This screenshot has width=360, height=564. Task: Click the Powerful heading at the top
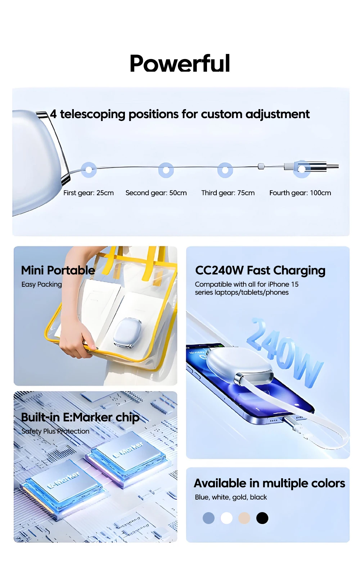180,63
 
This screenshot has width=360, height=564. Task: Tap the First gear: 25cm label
88,193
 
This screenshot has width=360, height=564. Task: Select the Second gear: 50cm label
156,193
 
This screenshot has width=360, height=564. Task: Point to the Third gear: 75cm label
228,193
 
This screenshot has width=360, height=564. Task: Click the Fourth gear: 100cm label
300,193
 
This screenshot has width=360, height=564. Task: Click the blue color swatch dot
208,518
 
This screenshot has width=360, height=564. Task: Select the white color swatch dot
226,518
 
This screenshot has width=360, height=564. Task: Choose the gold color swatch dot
244,518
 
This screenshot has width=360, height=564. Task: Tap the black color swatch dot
262,518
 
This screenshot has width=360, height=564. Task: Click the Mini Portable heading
58,270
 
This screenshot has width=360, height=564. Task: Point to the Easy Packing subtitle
41,284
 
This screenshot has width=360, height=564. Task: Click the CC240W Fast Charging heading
260,270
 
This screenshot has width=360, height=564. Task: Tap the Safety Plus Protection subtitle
55,431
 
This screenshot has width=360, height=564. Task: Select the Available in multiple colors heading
269,483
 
